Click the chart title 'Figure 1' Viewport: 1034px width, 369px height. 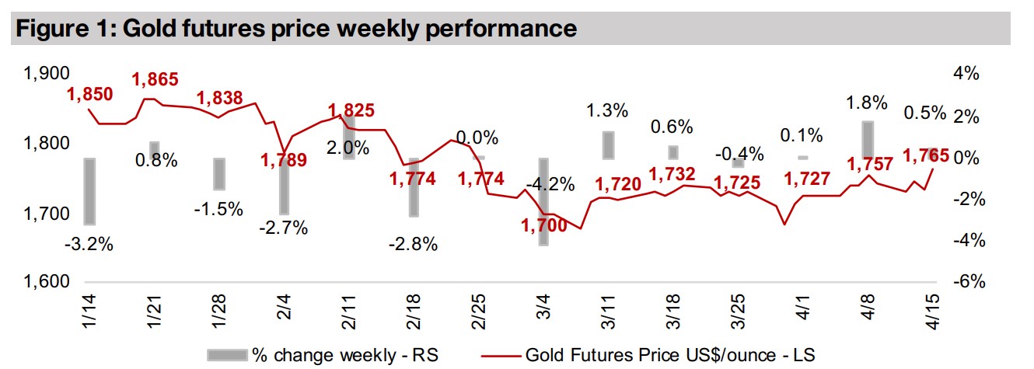click(x=295, y=30)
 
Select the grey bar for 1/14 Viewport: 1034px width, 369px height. click(x=90, y=191)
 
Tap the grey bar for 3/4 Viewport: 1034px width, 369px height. click(x=543, y=201)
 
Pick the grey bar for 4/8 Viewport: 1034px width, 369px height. click(x=867, y=139)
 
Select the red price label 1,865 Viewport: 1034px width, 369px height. click(x=155, y=79)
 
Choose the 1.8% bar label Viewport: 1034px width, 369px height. click(x=867, y=103)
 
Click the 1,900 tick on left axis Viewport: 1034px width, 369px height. click(x=47, y=75)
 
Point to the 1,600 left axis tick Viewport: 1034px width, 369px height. click(x=47, y=283)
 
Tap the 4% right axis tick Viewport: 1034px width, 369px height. click(x=964, y=75)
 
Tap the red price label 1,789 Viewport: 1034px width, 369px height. click(x=285, y=160)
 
